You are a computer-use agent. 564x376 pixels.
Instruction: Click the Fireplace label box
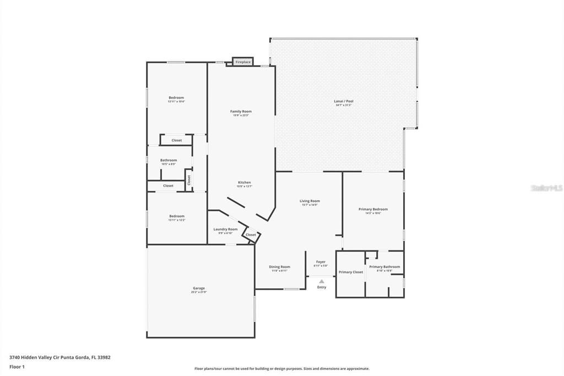tap(243, 62)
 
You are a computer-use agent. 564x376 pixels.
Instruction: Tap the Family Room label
tap(241, 111)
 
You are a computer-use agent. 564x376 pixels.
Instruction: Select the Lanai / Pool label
tap(344, 101)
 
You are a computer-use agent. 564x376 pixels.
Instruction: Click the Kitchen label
tap(244, 182)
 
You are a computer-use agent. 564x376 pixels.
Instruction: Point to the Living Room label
tap(310, 201)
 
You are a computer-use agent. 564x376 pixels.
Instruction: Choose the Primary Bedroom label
tap(373, 210)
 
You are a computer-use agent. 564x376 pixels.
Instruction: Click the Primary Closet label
tap(351, 272)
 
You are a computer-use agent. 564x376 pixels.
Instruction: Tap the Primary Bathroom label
tap(384, 267)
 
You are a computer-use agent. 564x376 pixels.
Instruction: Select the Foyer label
tap(321, 262)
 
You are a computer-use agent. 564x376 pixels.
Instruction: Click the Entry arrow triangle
tap(322, 281)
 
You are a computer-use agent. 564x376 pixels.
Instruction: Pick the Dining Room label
tap(280, 267)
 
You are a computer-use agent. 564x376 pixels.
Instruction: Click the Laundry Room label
tap(225, 229)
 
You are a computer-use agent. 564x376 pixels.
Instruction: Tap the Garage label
tap(199, 288)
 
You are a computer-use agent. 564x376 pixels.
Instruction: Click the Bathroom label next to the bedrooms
tap(169, 160)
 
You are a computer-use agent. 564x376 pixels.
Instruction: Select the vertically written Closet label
tap(188, 180)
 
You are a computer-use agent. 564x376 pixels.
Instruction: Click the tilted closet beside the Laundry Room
tap(251, 235)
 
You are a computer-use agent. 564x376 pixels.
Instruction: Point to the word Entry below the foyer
tap(322, 287)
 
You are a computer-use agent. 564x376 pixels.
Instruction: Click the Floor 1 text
tap(17, 367)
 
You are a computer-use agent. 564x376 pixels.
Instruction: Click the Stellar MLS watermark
tap(546, 188)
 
